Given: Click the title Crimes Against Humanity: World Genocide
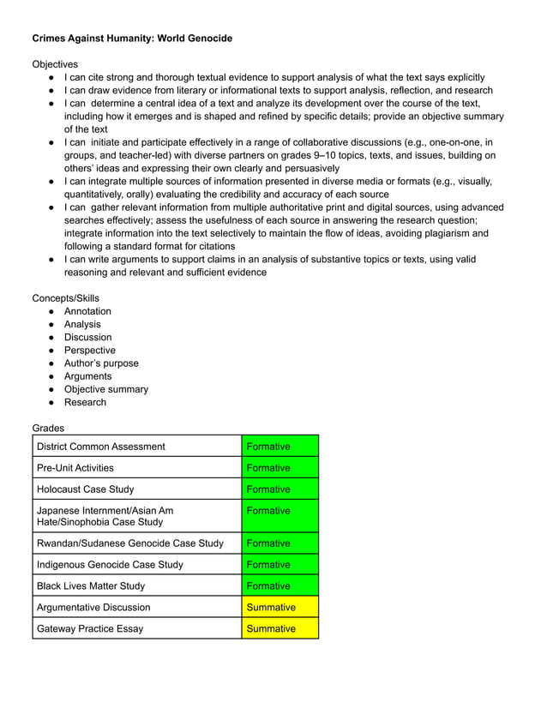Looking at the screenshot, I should coord(132,39).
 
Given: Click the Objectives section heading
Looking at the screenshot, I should coord(55,64).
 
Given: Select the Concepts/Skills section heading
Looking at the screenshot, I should coord(66,298).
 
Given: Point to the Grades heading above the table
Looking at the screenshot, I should coord(48,428).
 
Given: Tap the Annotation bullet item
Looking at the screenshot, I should coord(87,311).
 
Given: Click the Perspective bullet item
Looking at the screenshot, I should coord(89,351).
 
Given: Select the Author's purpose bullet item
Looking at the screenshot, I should coord(101,363).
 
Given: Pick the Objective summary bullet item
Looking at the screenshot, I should coord(105,389).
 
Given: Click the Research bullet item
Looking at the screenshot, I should coord(85,402).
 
